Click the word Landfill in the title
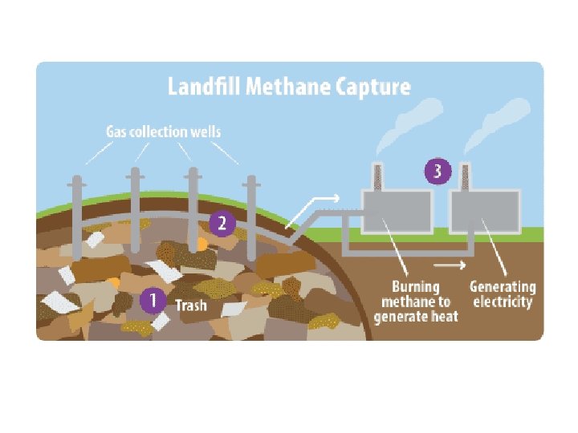201,87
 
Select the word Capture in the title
370,87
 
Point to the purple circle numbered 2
222,224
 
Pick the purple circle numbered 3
438,171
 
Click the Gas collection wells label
164,131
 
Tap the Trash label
190,306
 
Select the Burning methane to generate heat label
416,301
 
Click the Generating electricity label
503,294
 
